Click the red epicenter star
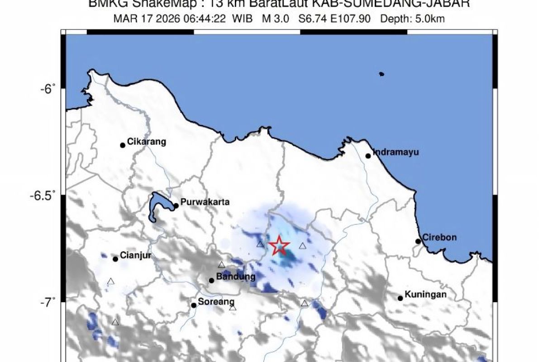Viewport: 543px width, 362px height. (279, 246)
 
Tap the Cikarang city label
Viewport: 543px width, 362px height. (146, 142)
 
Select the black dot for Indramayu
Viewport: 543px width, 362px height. (368, 156)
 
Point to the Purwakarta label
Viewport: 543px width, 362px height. (205, 202)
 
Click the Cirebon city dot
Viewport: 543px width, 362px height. (418, 241)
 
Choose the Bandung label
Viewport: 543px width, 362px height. (236, 276)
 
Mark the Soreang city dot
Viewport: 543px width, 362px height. (194, 305)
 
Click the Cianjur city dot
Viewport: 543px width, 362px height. (115, 259)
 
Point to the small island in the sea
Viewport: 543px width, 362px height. (381, 74)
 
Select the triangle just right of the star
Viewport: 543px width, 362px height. (302, 246)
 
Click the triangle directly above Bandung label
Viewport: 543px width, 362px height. (221, 265)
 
